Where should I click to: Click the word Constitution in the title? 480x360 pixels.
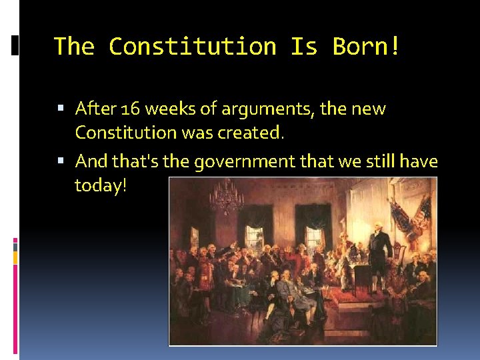coord(192,46)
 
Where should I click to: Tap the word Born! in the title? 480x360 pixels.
coord(367,46)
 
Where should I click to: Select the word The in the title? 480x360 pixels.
coord(75,46)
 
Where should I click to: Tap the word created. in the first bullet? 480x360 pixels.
coord(251,133)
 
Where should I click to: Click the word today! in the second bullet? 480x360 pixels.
coord(100,186)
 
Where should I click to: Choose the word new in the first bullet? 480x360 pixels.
coord(369,108)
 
